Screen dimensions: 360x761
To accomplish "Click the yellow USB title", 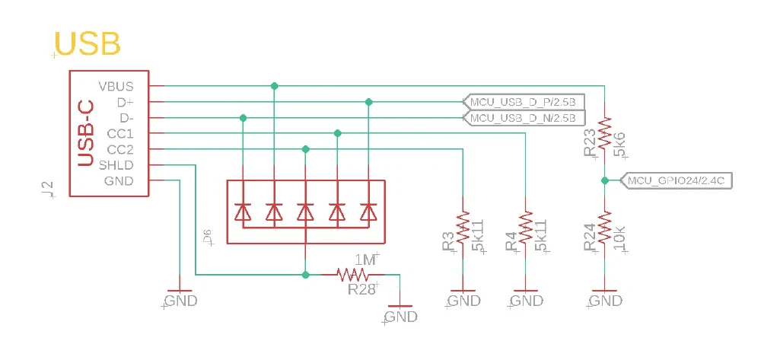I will (89, 44).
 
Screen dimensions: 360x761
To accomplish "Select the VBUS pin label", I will (116, 85).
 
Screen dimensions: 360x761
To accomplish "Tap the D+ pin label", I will (125, 101).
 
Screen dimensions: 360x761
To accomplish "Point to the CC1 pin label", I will (120, 133).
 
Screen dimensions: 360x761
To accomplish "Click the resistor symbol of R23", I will (604, 134).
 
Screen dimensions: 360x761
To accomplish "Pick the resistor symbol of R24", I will (604, 228).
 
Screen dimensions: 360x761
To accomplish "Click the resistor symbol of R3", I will (463, 228).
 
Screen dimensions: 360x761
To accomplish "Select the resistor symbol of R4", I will (525, 228).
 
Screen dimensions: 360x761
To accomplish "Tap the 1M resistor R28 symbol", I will (353, 274).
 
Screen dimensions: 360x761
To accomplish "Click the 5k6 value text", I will (619, 144).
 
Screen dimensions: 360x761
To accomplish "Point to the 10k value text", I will (619, 239).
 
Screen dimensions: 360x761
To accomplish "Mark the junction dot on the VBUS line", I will (274, 86).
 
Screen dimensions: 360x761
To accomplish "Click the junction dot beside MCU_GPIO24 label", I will (604, 180).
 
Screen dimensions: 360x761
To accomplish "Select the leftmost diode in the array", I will (243, 212).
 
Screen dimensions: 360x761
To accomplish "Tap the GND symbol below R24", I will (604, 294).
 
